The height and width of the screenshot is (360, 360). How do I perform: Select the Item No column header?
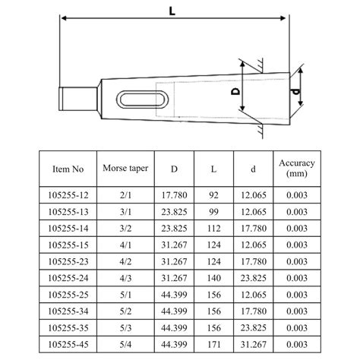(73, 167)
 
